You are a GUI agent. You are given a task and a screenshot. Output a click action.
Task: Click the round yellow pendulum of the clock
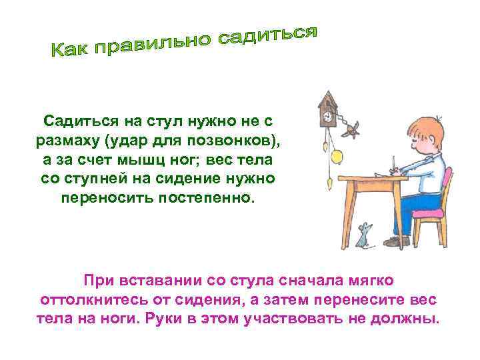point(337,155)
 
